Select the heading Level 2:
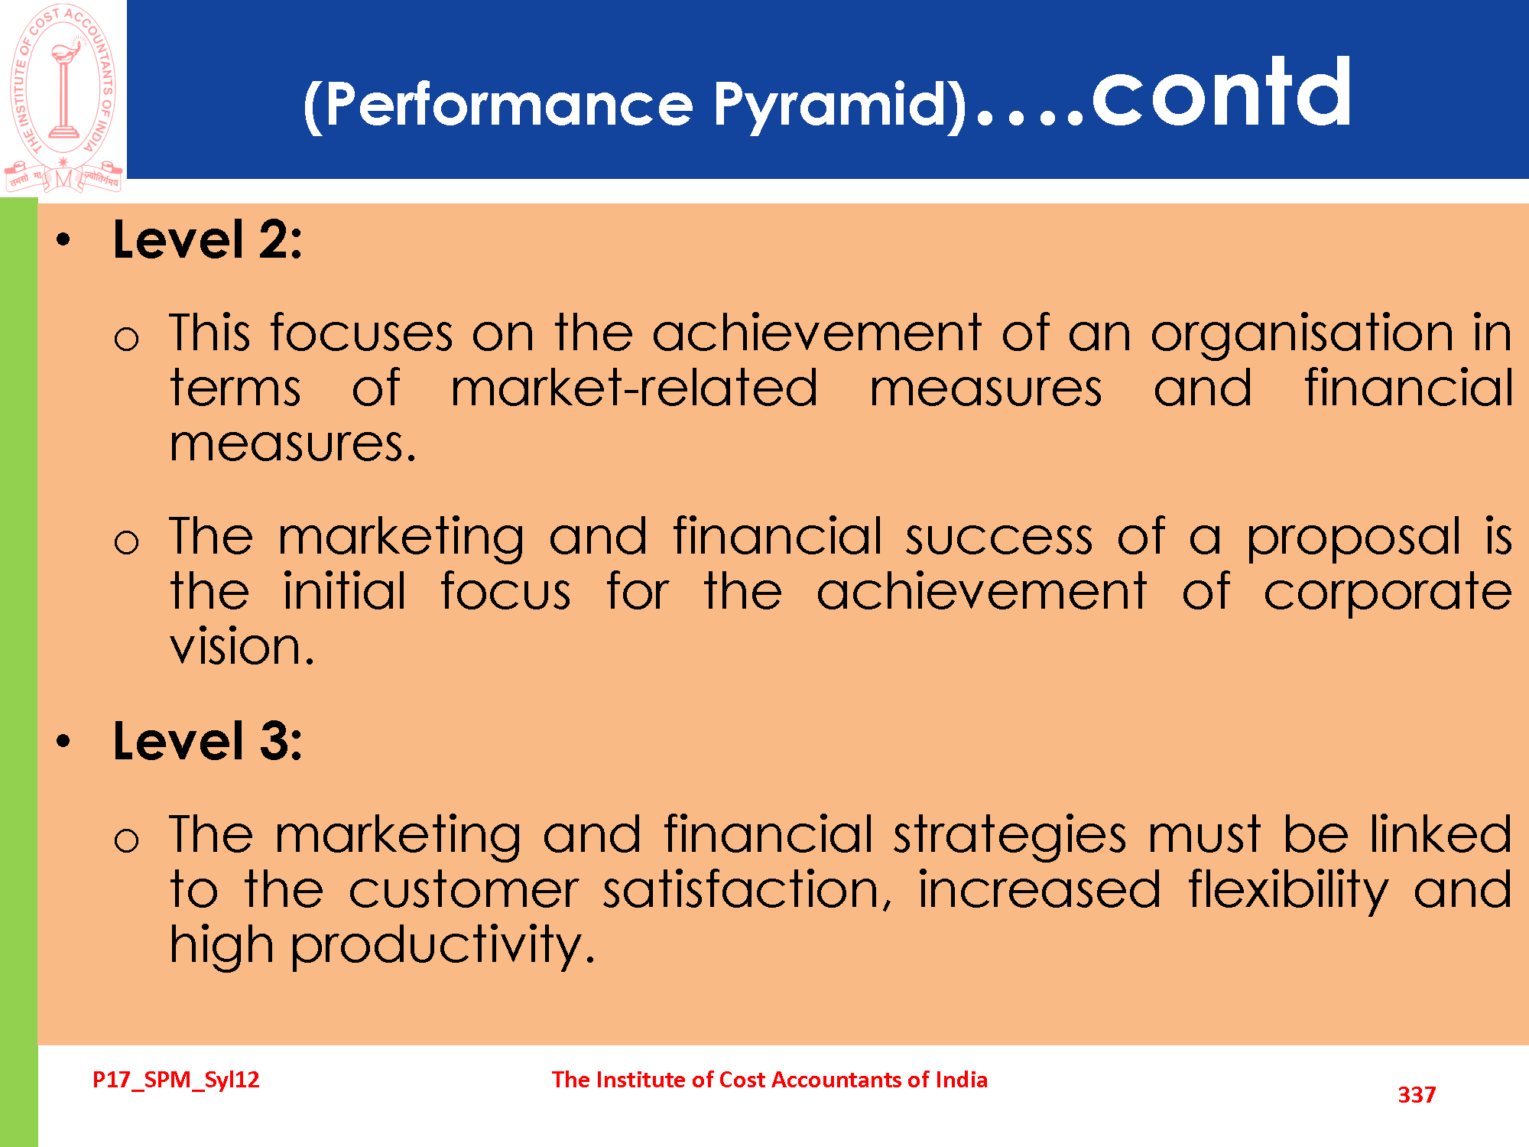[x=207, y=240]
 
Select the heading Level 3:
[x=207, y=741]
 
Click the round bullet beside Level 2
[x=63, y=240]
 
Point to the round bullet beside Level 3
[x=63, y=741]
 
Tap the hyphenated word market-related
[x=635, y=388]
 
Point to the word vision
[x=242, y=646]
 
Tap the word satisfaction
[x=747, y=890]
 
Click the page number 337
[x=1417, y=1095]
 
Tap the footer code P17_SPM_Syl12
[x=176, y=1080]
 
